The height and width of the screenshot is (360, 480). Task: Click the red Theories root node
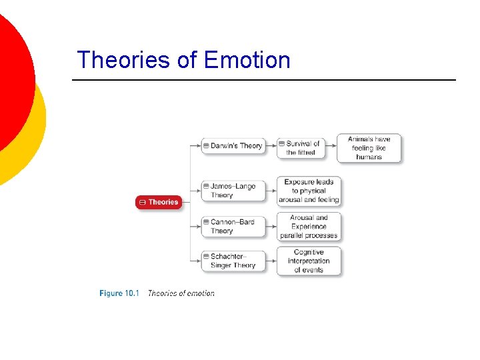(x=158, y=202)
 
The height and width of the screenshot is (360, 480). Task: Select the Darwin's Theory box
(x=233, y=145)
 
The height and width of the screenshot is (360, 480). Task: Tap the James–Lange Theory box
(x=233, y=191)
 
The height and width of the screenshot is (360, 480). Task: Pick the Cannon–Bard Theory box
(x=233, y=226)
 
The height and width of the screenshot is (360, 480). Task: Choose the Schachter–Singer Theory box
(x=233, y=261)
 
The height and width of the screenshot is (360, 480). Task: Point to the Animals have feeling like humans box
(x=369, y=148)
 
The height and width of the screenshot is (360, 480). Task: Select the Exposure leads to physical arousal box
(x=308, y=191)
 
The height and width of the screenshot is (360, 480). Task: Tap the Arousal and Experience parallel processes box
(x=308, y=226)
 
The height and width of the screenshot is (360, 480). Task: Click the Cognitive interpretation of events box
(x=308, y=261)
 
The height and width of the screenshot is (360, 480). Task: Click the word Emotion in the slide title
(x=247, y=60)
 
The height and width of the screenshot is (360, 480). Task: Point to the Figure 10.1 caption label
(x=119, y=293)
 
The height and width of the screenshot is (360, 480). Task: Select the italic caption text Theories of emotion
(x=181, y=293)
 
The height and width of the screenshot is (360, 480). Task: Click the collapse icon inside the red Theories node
(x=142, y=202)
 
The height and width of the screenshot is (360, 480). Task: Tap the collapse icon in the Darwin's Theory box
(x=207, y=145)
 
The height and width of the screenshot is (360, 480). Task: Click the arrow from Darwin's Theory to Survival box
(x=271, y=145)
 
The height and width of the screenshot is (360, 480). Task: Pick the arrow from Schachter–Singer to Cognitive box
(x=271, y=261)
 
